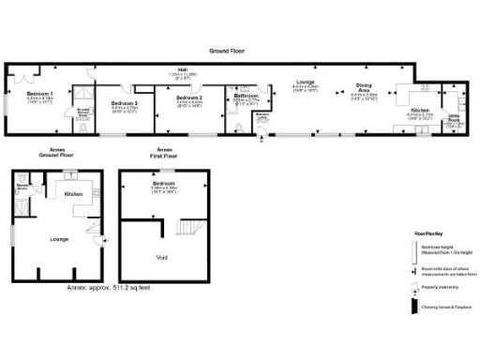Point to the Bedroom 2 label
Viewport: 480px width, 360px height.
tap(189, 97)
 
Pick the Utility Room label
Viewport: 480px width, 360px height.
tap(454, 120)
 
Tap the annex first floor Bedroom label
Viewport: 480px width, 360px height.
tap(164, 184)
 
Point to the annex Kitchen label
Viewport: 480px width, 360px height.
tap(74, 194)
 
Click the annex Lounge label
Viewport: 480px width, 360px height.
tap(58, 238)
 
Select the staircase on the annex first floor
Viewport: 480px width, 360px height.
tap(187, 228)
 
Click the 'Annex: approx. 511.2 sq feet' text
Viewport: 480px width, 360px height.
tap(109, 288)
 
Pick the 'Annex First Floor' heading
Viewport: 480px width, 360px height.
tap(164, 153)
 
